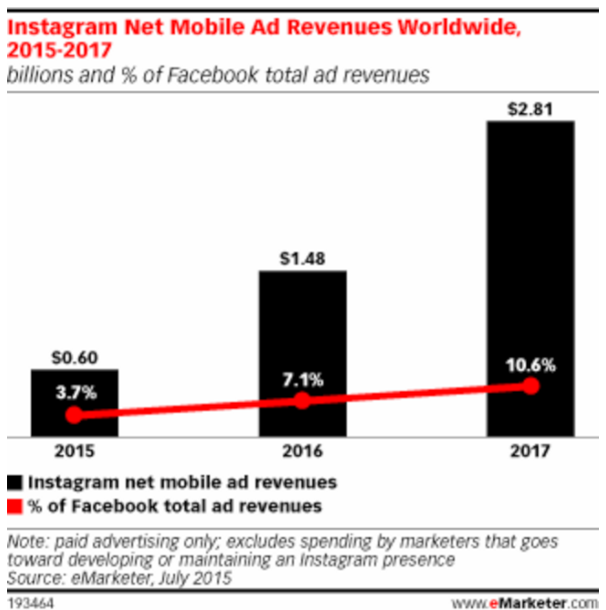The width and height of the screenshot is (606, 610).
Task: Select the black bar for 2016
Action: point(303,329)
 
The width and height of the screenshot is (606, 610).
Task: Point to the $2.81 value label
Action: point(530,110)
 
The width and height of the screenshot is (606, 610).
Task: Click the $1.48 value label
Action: point(303,259)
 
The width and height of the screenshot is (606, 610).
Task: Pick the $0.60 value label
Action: point(74,358)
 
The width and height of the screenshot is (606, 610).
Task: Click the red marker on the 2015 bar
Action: point(74,415)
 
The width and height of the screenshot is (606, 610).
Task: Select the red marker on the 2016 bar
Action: point(302,401)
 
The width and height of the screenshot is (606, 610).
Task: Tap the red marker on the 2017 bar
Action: point(531,386)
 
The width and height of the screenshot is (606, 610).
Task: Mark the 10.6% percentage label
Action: point(531,365)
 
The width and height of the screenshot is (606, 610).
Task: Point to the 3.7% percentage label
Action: point(76,393)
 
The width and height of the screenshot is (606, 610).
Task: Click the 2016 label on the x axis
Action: point(303,451)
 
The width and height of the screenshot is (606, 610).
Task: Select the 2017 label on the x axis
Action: point(530,451)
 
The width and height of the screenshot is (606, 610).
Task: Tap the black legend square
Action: point(15,483)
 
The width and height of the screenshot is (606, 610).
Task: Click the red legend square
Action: point(15,506)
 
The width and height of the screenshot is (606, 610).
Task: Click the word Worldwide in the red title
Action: point(459,27)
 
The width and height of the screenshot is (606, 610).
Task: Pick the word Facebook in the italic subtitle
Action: point(213,75)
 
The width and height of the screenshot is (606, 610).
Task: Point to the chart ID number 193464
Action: point(31,603)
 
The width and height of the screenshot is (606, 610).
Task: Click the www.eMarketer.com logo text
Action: point(525,603)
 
